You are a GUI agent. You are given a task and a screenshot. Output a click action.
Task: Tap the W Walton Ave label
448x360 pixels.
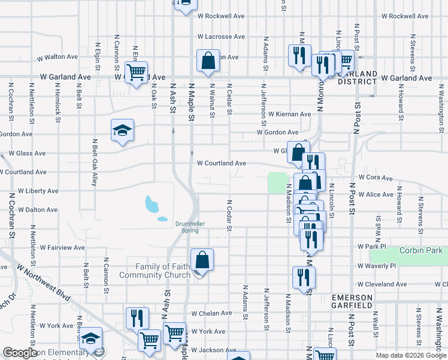coord(57,58)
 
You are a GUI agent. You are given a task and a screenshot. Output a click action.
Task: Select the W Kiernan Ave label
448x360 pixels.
coord(289,114)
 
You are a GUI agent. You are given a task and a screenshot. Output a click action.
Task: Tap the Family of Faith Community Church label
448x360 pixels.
coord(155,271)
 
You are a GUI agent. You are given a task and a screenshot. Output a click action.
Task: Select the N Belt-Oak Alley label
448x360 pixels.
coord(95,163)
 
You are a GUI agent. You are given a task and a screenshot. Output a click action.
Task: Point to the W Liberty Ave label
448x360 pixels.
coord(38,191)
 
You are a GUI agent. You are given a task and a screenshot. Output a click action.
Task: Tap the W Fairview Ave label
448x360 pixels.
coord(62,247)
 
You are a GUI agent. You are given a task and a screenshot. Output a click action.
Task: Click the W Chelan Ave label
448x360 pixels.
coord(211,313)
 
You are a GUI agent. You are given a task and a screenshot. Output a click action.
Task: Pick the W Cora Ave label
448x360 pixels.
coord(375,178)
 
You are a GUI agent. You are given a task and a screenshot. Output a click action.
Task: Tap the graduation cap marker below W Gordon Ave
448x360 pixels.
coord(122,130)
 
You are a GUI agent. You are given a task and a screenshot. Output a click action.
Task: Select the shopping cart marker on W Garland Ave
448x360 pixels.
coord(137,72)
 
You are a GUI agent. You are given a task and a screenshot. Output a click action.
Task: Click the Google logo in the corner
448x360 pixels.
coord(20,353)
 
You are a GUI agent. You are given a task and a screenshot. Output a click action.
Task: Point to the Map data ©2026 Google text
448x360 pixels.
coord(410,355)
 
